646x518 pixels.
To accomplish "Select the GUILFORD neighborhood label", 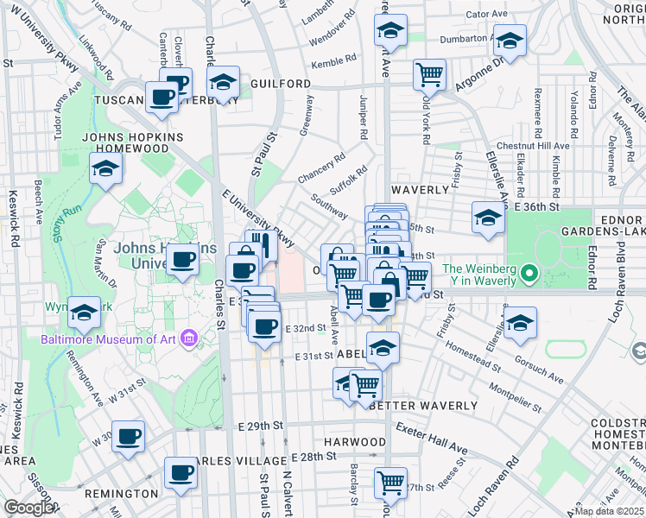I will [x=281, y=84].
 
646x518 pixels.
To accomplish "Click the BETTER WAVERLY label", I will [x=423, y=406].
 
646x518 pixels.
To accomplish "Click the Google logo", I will [x=28, y=508].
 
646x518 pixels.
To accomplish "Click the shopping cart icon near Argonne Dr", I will [x=429, y=74].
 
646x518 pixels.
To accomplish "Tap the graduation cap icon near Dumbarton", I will [x=510, y=40].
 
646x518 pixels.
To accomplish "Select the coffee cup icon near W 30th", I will [x=129, y=436].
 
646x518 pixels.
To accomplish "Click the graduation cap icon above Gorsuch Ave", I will [x=520, y=323].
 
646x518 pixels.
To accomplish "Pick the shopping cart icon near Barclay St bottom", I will [x=391, y=481].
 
